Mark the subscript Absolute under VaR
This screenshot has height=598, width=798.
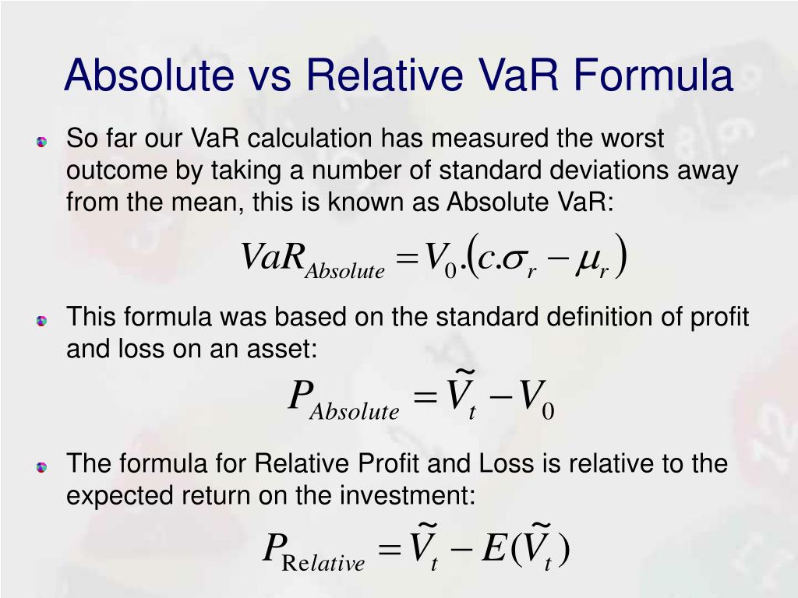(345, 271)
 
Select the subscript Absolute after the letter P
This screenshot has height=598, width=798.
(355, 411)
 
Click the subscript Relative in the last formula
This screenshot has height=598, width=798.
(323, 563)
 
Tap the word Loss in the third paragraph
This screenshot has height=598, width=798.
(506, 463)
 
